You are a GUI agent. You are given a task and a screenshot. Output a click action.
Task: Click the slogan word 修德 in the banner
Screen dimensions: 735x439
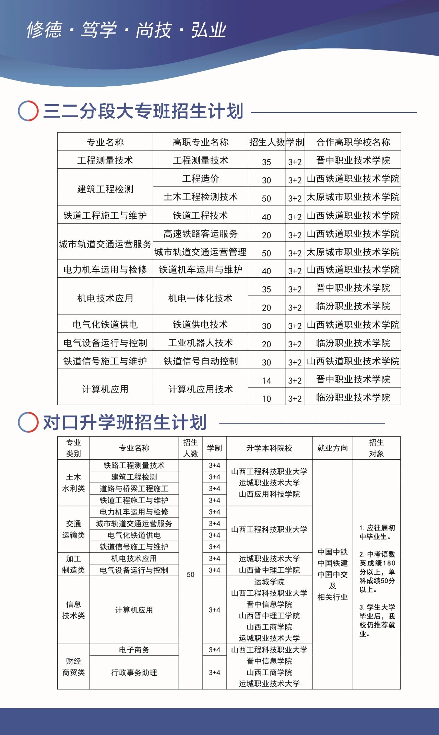point(44,30)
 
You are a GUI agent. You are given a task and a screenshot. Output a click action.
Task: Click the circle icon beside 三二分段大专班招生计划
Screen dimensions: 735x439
point(28,111)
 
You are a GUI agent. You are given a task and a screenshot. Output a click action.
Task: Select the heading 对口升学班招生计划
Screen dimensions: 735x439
point(124,422)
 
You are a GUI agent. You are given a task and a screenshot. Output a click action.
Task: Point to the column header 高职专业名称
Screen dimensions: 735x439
point(200,142)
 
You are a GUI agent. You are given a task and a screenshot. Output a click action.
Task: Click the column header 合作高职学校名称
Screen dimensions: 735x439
point(353,142)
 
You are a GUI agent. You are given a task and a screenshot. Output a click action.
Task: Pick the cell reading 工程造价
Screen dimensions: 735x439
point(200,179)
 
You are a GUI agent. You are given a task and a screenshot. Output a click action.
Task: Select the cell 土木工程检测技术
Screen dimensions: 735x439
point(200,197)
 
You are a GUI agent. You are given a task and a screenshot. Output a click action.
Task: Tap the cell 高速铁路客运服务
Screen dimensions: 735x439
point(200,234)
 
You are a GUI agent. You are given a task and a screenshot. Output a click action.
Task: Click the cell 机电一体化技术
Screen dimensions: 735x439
point(200,298)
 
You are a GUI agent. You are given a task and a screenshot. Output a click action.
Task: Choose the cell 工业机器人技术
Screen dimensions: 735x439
point(200,343)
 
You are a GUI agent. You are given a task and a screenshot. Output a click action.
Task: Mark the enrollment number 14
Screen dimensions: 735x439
point(266,381)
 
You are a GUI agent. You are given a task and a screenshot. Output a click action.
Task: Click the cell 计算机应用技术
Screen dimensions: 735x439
point(200,389)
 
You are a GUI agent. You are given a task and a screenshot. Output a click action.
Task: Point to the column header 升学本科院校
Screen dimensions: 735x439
point(269,448)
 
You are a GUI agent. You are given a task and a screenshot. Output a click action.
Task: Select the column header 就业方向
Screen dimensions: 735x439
point(332,448)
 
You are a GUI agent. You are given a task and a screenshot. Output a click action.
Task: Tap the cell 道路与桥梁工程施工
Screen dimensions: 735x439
point(134,489)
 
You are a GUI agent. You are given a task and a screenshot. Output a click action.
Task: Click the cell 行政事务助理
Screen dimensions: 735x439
point(134,672)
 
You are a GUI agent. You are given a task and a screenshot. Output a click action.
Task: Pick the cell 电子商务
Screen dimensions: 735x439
point(134,650)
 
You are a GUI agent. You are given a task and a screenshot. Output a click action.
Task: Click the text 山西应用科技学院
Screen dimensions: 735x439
point(269,494)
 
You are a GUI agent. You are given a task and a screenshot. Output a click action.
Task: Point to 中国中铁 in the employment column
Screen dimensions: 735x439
point(332,552)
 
